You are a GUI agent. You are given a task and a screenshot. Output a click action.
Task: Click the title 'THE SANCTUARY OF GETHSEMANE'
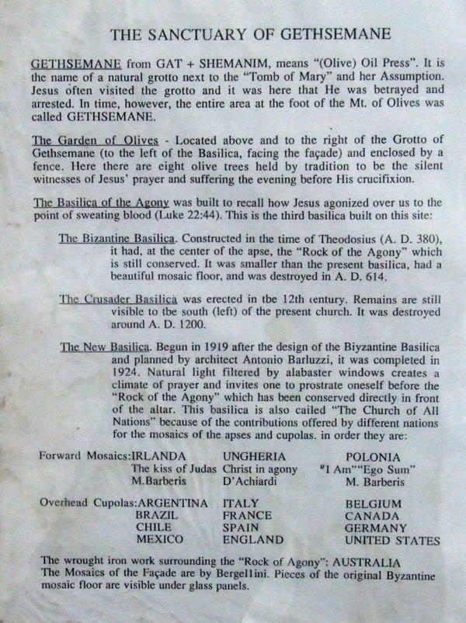click(249, 35)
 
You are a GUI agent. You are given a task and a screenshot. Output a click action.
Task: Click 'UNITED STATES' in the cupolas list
click(392, 540)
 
